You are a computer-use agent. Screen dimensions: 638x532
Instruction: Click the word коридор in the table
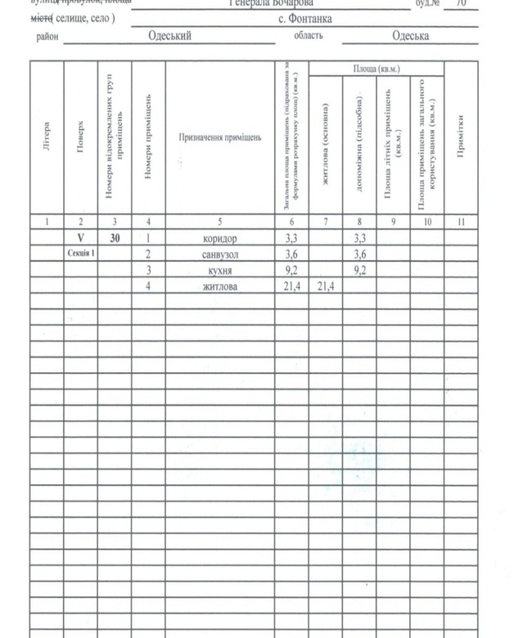click(x=219, y=239)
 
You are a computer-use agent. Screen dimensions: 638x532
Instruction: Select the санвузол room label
click(x=219, y=254)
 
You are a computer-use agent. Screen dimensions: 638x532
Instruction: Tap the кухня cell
click(x=219, y=270)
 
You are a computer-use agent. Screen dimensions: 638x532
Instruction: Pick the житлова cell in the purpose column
click(x=219, y=286)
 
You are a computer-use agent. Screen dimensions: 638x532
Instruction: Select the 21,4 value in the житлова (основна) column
click(x=326, y=286)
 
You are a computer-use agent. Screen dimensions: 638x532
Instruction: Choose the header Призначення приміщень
click(x=220, y=138)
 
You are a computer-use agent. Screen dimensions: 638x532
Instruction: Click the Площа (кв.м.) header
click(x=376, y=69)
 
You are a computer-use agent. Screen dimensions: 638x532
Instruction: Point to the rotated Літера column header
click(x=47, y=138)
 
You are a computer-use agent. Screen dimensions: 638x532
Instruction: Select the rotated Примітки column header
click(x=462, y=138)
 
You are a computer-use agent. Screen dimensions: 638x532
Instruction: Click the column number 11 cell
click(x=462, y=221)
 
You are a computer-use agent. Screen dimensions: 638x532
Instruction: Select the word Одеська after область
click(x=410, y=36)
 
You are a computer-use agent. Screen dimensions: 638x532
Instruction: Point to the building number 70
click(x=462, y=3)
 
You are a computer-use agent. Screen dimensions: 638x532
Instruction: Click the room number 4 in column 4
click(x=148, y=286)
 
